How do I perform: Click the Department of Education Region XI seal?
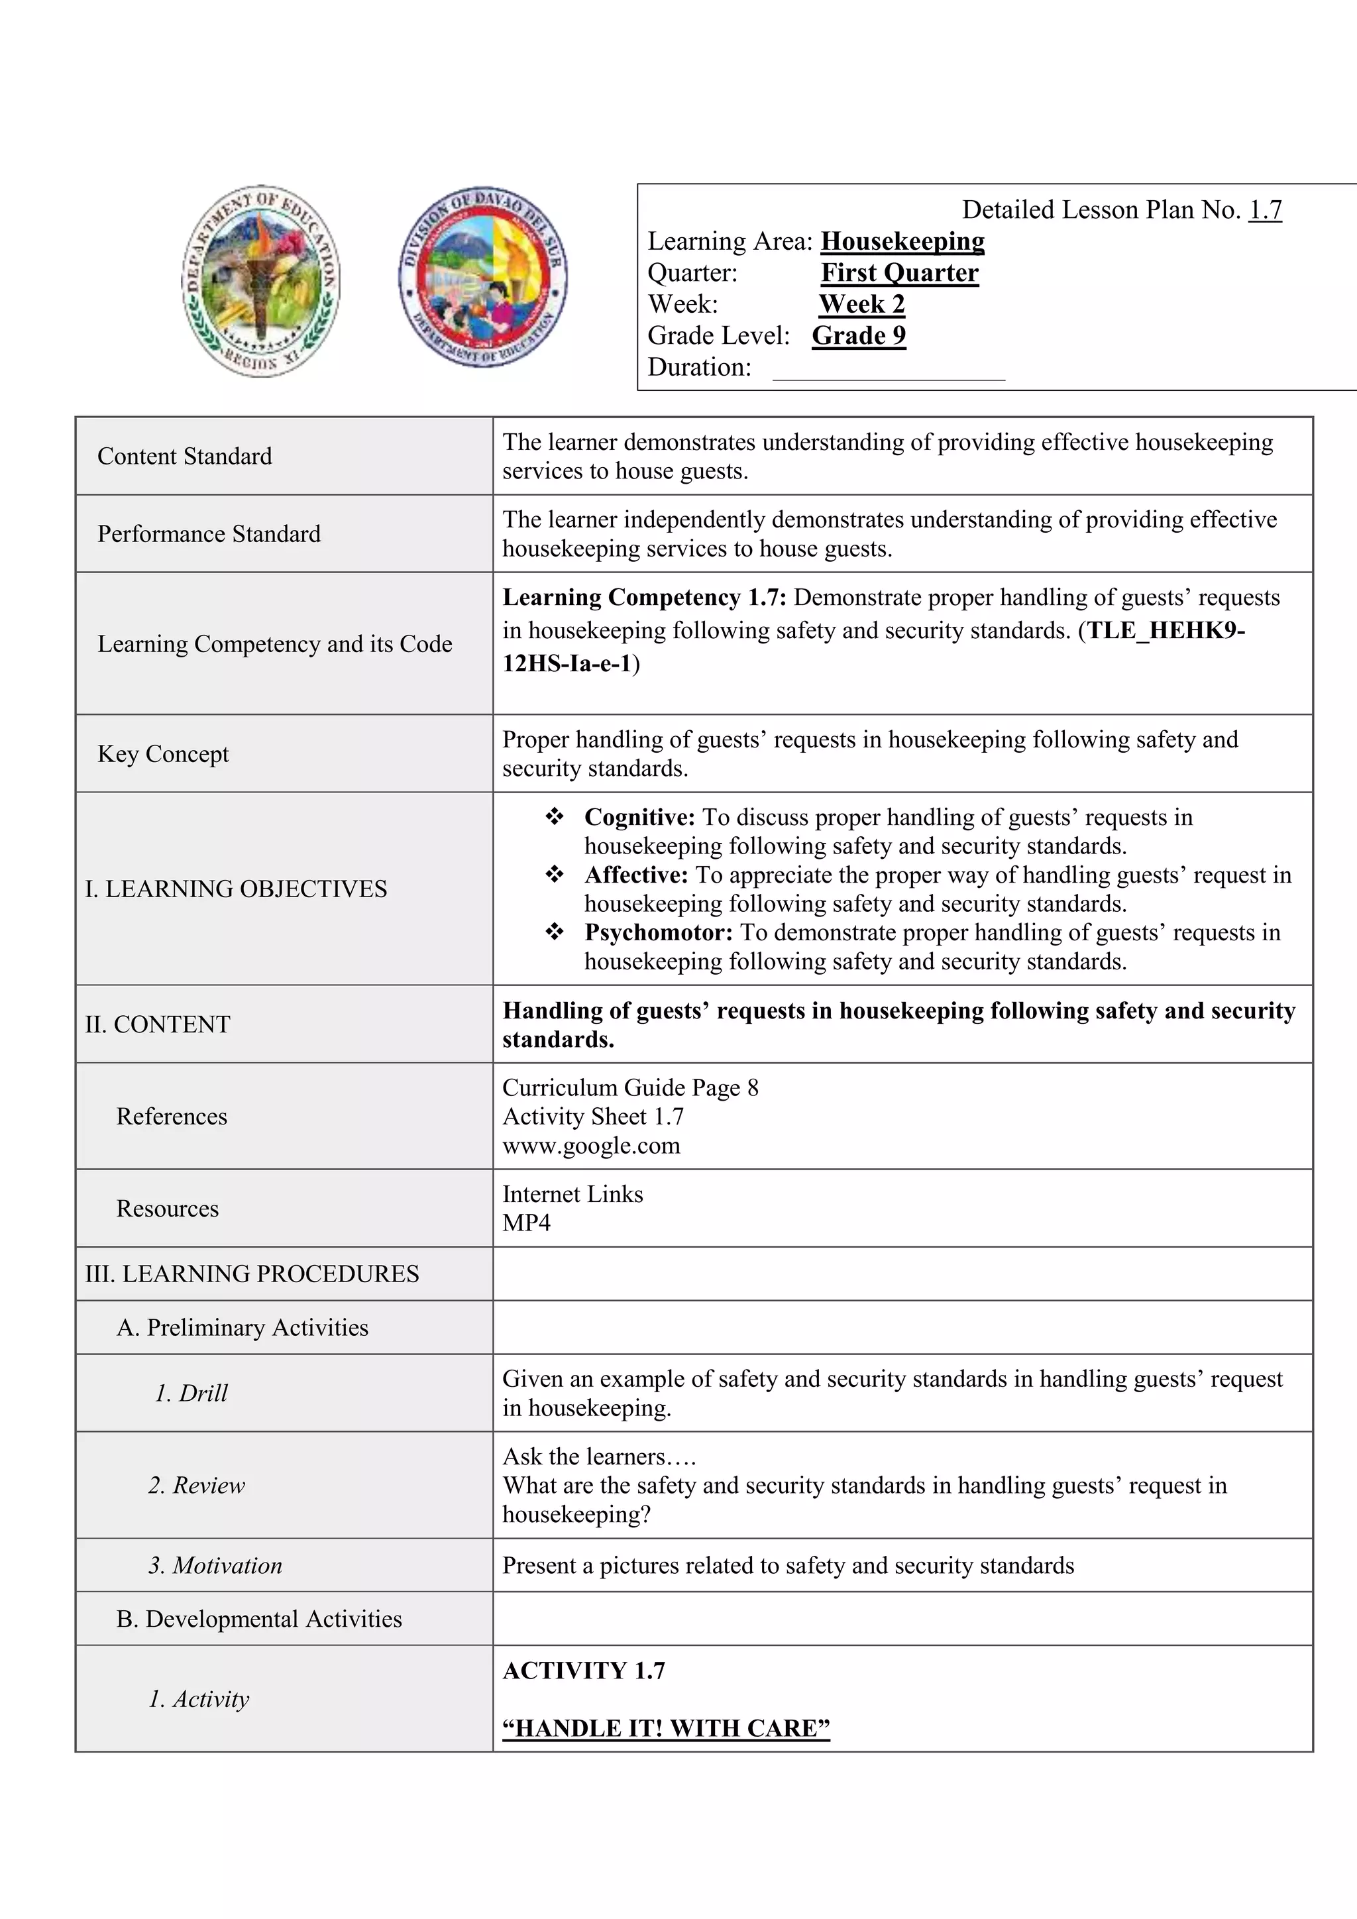coord(260,281)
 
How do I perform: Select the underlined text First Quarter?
coord(899,272)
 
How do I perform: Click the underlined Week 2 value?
coord(861,303)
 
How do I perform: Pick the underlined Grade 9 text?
coord(858,335)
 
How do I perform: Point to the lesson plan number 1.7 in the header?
coord(1264,210)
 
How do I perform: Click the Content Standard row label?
coord(185,457)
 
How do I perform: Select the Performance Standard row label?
coord(209,534)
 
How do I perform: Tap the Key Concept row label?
coord(163,754)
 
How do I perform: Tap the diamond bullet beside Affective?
coord(554,874)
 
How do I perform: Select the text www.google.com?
coord(591,1145)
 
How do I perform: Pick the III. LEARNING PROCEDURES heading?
coord(252,1274)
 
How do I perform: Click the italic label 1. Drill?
coord(191,1394)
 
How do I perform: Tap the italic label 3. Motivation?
coord(215,1565)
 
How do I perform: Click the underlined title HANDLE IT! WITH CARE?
coord(666,1727)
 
